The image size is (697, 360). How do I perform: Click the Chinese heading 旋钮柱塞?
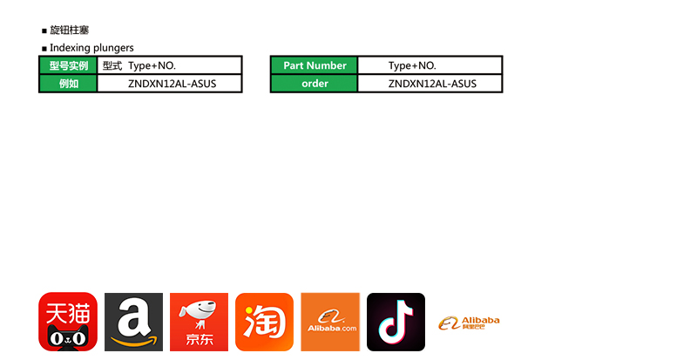click(x=69, y=30)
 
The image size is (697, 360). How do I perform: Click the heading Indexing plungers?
click(x=91, y=47)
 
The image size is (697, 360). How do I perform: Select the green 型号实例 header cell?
click(x=68, y=65)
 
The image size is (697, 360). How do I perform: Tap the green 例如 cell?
click(x=68, y=84)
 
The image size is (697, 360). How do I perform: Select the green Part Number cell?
click(x=315, y=65)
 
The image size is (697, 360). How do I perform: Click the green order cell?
click(x=315, y=84)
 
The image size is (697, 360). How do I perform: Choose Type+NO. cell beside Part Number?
click(x=412, y=65)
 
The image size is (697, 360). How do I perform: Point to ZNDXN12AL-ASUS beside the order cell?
click(x=432, y=84)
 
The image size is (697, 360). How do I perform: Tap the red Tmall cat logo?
click(x=67, y=322)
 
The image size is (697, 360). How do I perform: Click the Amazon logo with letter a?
click(x=133, y=322)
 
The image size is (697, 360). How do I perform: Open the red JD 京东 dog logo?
click(x=199, y=322)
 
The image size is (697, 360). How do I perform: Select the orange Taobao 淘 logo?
click(x=264, y=322)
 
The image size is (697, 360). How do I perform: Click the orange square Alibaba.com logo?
click(x=330, y=322)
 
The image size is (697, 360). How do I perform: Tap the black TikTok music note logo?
click(x=396, y=322)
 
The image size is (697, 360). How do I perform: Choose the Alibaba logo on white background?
click(x=470, y=323)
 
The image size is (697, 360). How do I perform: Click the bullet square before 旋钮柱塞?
click(x=44, y=31)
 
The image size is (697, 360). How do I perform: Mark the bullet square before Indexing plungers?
click(x=44, y=48)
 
